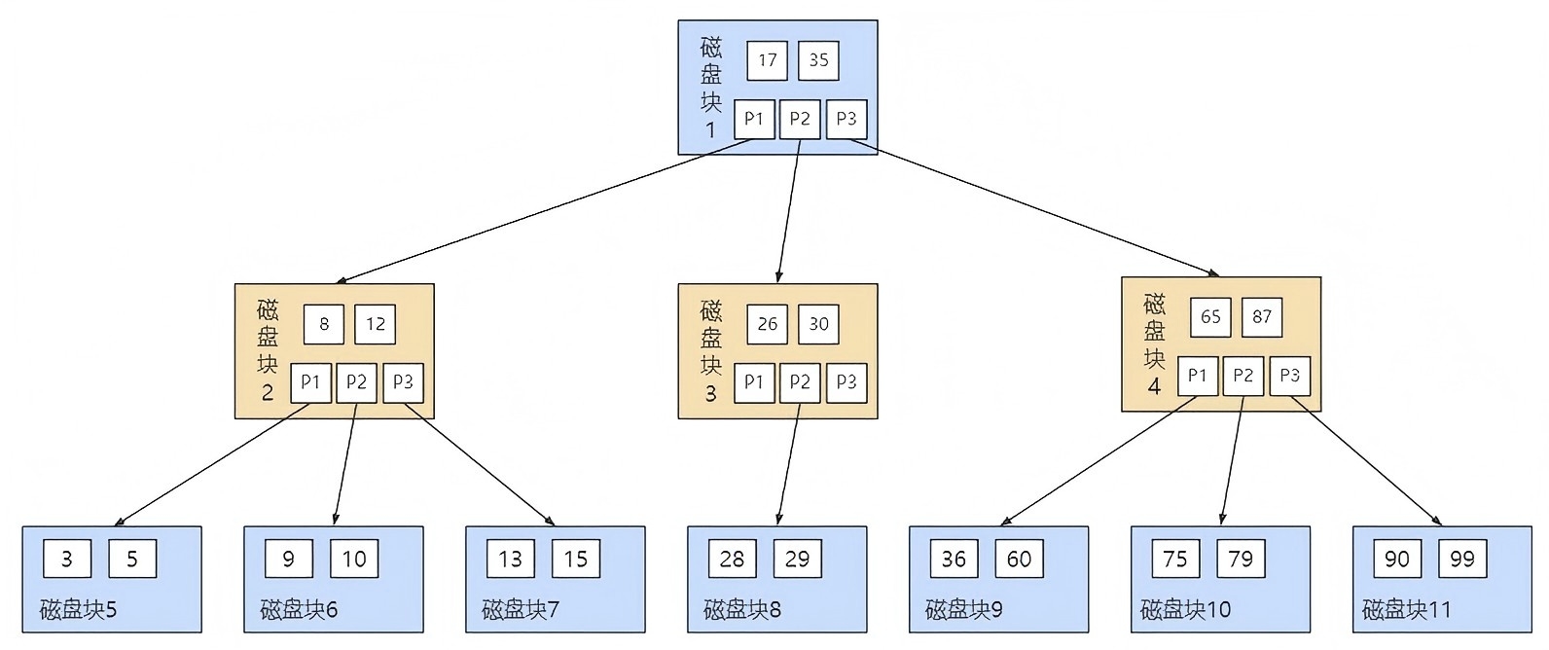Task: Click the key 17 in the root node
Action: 767,60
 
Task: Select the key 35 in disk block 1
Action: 818,60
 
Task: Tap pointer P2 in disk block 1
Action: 800,120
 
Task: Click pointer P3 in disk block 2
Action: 403,382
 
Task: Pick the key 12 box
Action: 376,324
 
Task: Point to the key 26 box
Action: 767,324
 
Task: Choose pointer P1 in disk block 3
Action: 754,382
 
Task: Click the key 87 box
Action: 1262,317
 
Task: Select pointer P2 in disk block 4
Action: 1243,376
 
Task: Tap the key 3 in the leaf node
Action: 67,559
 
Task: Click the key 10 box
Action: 354,559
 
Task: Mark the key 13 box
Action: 510,559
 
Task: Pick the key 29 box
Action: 797,559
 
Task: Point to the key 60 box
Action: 1019,559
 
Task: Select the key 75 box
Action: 1175,559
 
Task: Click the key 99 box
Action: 1462,559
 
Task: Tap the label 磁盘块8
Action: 742,610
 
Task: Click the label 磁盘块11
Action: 1406,610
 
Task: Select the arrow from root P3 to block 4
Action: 1031,206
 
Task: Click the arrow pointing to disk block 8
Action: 788,465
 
